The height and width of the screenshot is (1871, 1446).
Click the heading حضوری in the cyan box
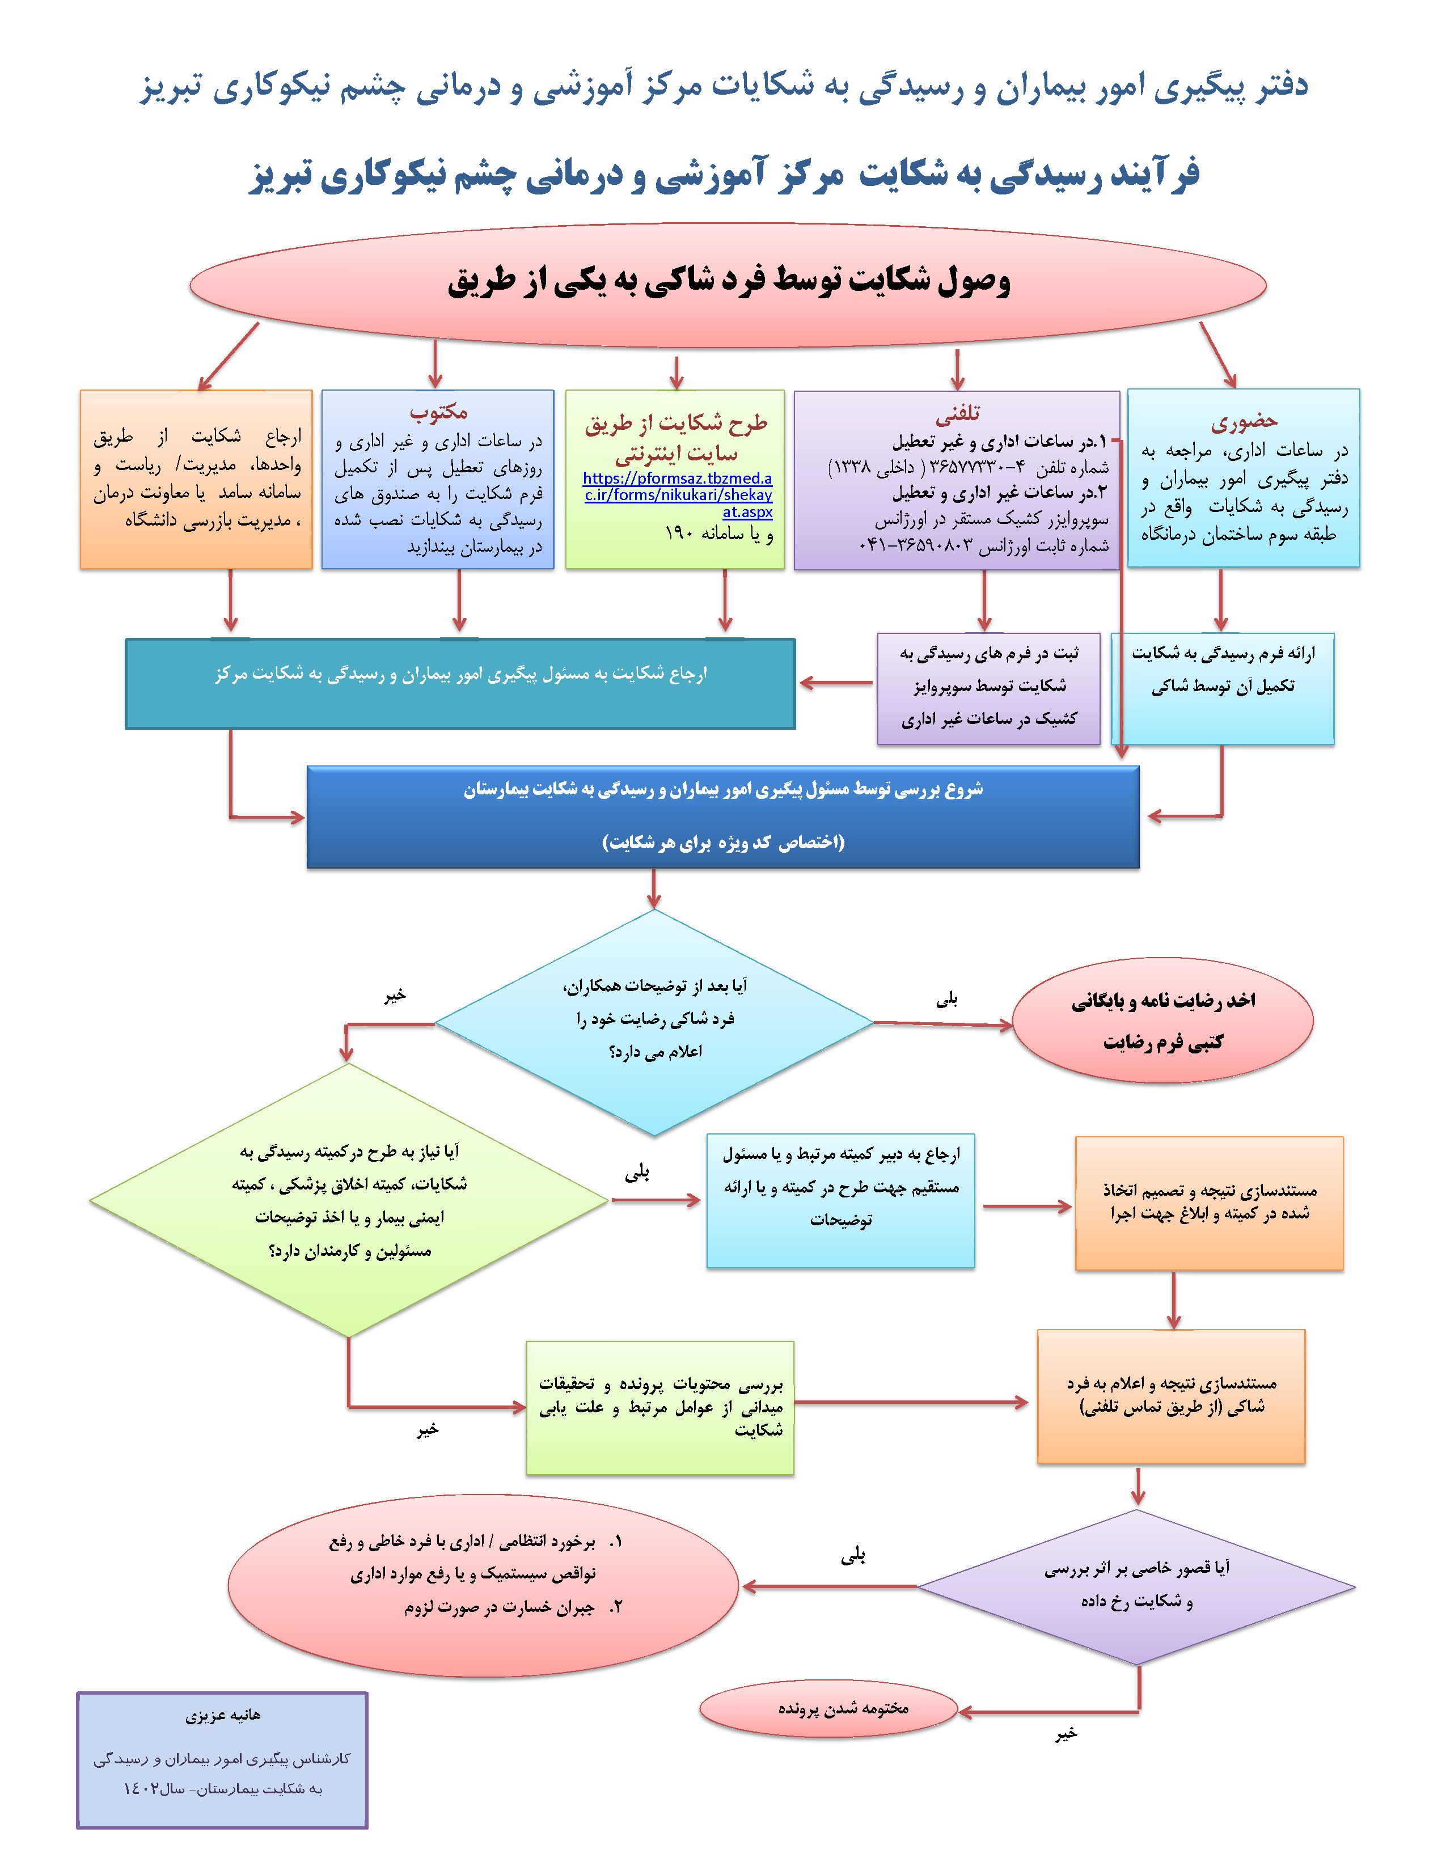pyautogui.click(x=1243, y=421)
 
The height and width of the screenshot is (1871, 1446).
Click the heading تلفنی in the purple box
pyautogui.click(x=957, y=414)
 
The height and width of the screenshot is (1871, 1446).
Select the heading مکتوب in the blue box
pyautogui.click(x=438, y=412)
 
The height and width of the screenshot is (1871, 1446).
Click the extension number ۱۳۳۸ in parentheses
pyautogui.click(x=848, y=467)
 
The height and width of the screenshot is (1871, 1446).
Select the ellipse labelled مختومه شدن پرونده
pyautogui.click(x=828, y=1707)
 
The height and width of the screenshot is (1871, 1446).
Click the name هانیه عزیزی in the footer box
pyautogui.click(x=223, y=1715)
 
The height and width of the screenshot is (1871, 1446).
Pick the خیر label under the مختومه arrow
pyautogui.click(x=1066, y=1734)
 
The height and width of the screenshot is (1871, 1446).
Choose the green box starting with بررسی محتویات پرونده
pyautogui.click(x=659, y=1407)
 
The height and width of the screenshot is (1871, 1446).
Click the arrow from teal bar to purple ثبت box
pyautogui.click(x=835, y=683)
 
